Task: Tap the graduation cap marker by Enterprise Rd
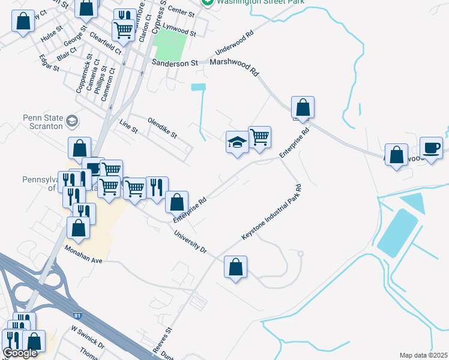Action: (237, 142)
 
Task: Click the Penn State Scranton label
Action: (43, 122)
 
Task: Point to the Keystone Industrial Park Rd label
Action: (271, 213)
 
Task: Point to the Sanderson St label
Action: (175, 62)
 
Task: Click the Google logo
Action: (20, 353)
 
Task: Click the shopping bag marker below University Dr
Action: (236, 266)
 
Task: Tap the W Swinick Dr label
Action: (88, 338)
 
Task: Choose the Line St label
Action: (129, 126)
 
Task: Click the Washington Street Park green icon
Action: (208, 2)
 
